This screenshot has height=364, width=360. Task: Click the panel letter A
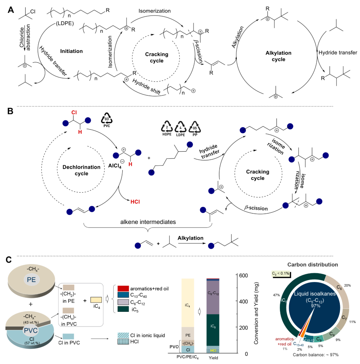click(11, 10)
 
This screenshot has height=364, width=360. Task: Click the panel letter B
click(10, 111)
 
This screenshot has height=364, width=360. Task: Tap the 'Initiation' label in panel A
click(71, 51)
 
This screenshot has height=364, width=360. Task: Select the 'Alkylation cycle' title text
click(278, 56)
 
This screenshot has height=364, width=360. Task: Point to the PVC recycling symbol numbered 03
click(106, 120)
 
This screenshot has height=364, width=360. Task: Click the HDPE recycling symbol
click(167, 128)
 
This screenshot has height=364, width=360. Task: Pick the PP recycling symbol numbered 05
click(195, 128)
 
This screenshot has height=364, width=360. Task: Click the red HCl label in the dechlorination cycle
click(135, 202)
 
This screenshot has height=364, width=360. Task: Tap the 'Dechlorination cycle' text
click(81, 170)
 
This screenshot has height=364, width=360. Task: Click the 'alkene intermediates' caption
click(148, 222)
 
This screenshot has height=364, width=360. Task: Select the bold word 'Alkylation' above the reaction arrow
click(190, 238)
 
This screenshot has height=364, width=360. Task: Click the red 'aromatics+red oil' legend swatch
click(123, 288)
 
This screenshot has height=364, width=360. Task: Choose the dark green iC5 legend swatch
click(123, 309)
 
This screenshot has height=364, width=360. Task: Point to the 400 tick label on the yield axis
click(243, 301)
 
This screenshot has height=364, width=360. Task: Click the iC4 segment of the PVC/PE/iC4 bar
click(188, 303)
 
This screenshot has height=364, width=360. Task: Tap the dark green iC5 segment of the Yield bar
click(213, 330)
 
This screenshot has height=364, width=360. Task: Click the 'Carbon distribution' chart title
click(312, 265)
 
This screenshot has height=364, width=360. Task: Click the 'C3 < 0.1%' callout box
click(281, 273)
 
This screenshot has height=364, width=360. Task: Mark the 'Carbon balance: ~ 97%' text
click(315, 354)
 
